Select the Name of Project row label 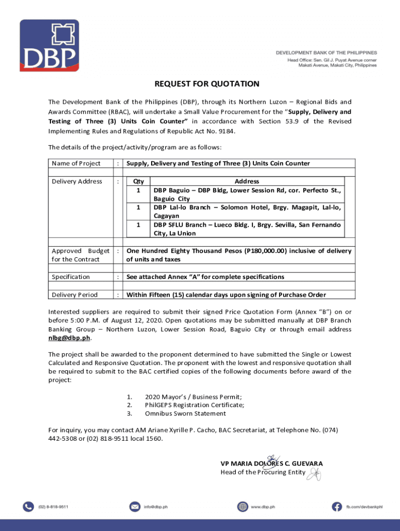(x=76, y=163)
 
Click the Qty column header (x=139, y=181)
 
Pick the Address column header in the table (x=247, y=181)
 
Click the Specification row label (x=71, y=277)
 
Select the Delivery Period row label (x=74, y=295)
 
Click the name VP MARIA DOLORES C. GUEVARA (x=272, y=464)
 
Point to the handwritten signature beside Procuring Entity (x=313, y=473)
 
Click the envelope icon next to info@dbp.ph (x=135, y=507)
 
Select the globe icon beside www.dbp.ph (x=243, y=507)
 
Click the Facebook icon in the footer (x=338, y=507)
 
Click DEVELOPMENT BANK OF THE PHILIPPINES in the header (x=326, y=53)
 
